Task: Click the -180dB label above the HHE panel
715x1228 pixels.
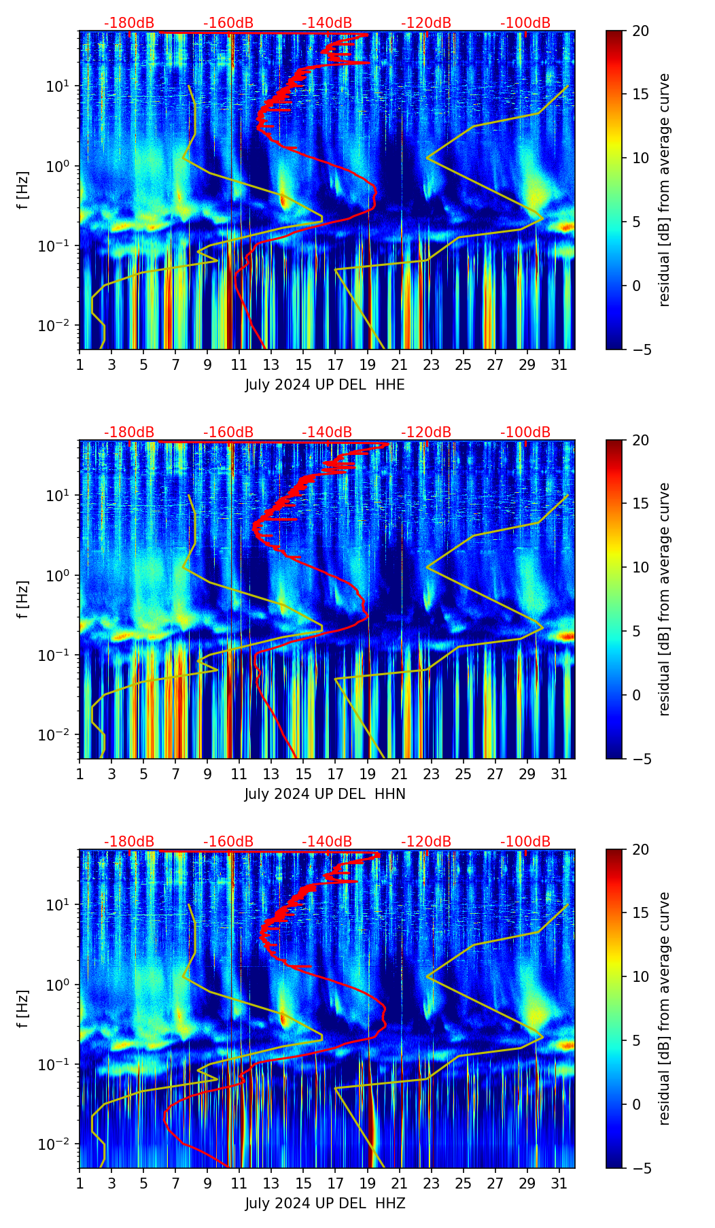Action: coord(129,23)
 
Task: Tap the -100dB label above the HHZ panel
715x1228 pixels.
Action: coord(525,842)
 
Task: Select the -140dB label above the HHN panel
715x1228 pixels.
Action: coord(327,432)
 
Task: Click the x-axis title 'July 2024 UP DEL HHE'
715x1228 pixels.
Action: coord(325,385)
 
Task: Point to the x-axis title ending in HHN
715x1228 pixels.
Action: coord(325,794)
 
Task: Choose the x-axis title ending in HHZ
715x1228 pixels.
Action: coord(325,1204)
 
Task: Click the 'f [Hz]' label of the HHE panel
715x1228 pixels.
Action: coord(22,190)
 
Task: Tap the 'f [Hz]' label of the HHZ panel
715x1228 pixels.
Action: coord(22,1009)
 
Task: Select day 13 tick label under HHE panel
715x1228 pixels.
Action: coord(271,365)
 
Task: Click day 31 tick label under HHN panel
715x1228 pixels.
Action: coord(559,774)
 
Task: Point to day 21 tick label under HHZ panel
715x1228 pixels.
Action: coord(399,1184)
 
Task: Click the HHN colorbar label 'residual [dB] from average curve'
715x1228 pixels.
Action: coord(664,599)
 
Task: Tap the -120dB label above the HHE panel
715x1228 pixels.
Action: coord(426,23)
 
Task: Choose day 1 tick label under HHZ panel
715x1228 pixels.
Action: coord(80,1184)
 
